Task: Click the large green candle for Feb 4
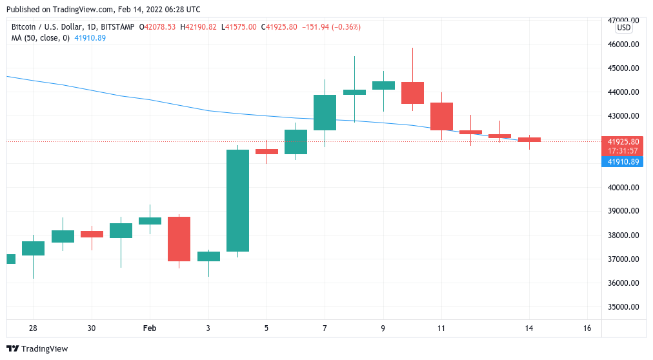point(237,201)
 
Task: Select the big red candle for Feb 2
point(179,239)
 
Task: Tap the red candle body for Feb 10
point(412,93)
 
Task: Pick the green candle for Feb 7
point(325,112)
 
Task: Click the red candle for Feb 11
point(441,116)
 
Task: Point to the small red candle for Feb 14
point(529,139)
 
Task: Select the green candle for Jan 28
point(33,248)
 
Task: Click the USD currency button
point(623,28)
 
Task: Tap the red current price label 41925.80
point(623,141)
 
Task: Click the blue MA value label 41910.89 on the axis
point(623,161)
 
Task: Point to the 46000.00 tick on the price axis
point(623,45)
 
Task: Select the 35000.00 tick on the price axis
point(623,307)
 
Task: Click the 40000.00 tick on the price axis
point(623,188)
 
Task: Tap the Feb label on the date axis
point(150,328)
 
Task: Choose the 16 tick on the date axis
point(587,328)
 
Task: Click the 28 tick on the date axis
point(33,328)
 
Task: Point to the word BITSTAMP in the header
point(117,27)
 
